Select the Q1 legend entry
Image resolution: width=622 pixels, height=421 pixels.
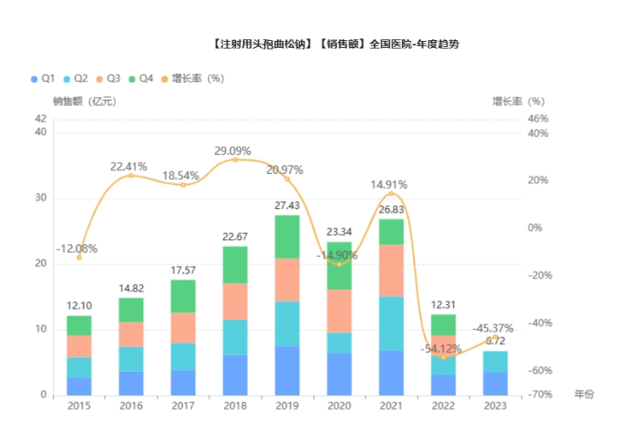43,78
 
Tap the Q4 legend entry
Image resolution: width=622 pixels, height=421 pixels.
141,78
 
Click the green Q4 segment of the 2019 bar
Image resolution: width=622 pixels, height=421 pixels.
287,236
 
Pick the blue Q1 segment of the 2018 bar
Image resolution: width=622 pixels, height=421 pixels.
234,374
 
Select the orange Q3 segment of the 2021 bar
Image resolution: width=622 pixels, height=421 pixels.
391,270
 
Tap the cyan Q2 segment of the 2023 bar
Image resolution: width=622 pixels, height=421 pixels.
495,361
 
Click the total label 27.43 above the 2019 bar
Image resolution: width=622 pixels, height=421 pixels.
287,206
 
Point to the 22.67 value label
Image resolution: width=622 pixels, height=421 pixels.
234,237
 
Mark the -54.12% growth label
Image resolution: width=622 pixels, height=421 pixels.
441,348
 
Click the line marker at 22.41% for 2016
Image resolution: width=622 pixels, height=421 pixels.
130,176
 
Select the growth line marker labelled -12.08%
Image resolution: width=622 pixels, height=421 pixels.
79,257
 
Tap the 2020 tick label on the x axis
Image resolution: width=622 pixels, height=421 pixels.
339,407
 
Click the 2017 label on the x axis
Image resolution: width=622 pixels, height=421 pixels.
182,407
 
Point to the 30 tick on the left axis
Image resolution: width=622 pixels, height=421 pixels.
41,199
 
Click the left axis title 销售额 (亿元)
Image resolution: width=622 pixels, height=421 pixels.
84,101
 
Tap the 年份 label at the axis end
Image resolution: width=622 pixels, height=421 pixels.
584,394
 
